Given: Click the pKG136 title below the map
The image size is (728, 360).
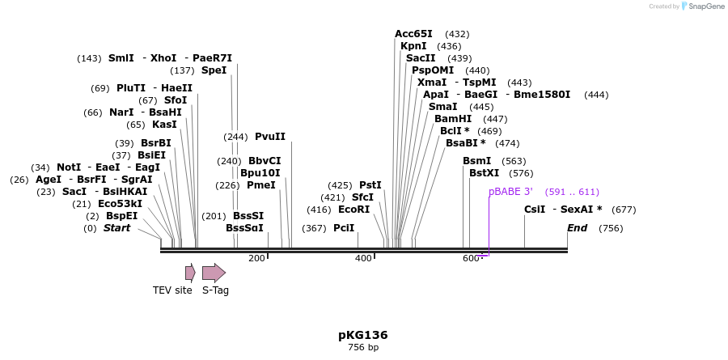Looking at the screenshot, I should [363, 335].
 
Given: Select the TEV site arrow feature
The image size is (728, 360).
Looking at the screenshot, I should [190, 273].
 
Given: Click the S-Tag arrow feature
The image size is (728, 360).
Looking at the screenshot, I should [214, 273].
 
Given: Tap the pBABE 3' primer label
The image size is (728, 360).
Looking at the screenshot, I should [510, 192].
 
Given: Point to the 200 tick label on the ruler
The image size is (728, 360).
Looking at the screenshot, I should [256, 258].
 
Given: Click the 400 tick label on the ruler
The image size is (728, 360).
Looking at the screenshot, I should [363, 258].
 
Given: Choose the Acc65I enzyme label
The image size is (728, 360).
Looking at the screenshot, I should [413, 34].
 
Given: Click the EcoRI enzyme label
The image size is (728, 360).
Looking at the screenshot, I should [353, 210].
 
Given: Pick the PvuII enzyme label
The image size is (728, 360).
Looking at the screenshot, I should [270, 137].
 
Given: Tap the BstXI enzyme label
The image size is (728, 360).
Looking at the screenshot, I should [485, 173].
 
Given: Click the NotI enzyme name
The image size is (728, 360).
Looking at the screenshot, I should [69, 167].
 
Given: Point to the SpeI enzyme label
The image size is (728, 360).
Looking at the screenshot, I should [214, 70].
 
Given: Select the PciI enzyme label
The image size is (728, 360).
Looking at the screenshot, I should [344, 228].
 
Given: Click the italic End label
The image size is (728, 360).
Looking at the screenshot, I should [577, 228].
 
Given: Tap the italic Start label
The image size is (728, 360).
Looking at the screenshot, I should [116, 228].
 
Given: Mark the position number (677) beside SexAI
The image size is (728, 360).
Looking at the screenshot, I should [623, 210].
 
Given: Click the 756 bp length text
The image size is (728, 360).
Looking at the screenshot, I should [363, 348].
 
